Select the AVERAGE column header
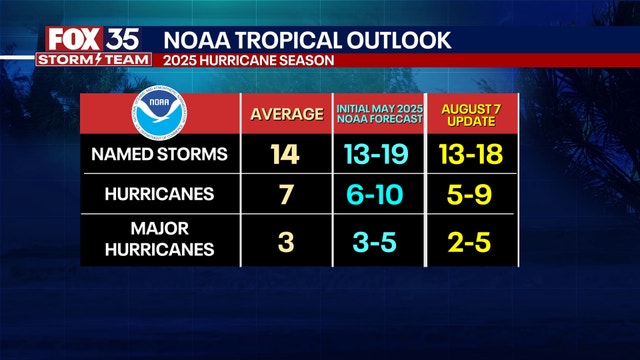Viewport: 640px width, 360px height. [x=284, y=114]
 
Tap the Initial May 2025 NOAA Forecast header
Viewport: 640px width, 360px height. [x=379, y=114]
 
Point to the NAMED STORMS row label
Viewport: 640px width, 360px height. [x=159, y=154]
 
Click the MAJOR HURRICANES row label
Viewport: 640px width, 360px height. [x=159, y=241]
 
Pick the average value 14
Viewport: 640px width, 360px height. [x=284, y=155]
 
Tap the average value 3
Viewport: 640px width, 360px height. [x=284, y=241]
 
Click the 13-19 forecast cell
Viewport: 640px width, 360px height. [x=379, y=155]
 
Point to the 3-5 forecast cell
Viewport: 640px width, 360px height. [x=379, y=241]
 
